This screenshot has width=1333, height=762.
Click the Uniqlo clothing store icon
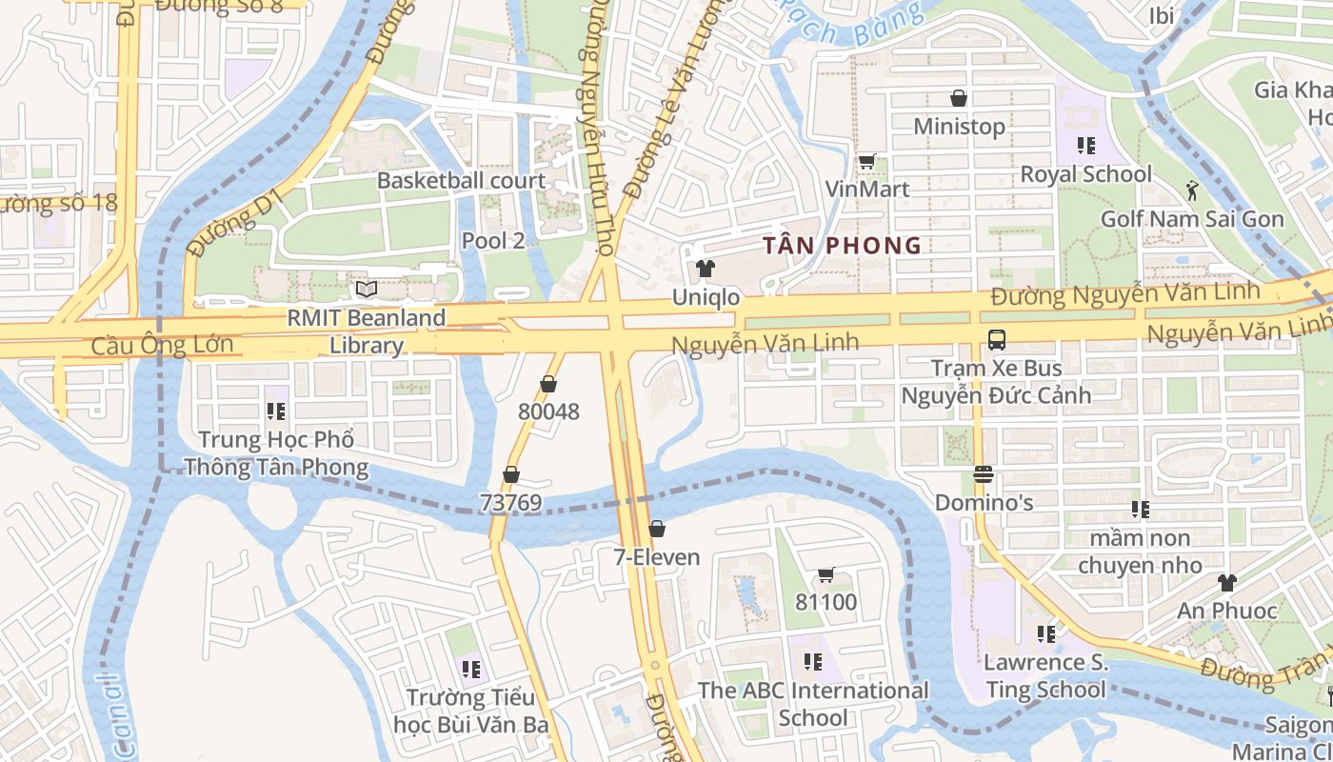(706, 269)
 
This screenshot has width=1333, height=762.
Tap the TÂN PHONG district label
(842, 246)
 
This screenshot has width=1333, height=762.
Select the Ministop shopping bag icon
(959, 98)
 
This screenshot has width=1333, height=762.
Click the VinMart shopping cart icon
(866, 161)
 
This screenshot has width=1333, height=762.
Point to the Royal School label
(1085, 174)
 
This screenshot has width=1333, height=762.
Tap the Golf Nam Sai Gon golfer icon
(1192, 190)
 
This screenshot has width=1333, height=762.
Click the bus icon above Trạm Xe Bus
(996, 339)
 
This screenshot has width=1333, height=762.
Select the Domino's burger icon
(984, 473)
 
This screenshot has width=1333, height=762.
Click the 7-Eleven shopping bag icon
(657, 529)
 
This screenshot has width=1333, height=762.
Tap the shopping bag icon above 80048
(548, 384)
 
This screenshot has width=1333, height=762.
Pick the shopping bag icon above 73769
(511, 474)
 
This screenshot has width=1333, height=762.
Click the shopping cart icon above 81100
(826, 574)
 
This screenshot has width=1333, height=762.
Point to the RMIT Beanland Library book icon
(367, 288)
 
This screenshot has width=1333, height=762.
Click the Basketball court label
(461, 180)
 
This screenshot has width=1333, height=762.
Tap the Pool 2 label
(492, 241)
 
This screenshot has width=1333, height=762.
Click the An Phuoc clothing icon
(1227, 582)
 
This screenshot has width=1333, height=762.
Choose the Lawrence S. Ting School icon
(1046, 633)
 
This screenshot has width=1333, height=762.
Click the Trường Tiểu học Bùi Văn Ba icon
(469, 669)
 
